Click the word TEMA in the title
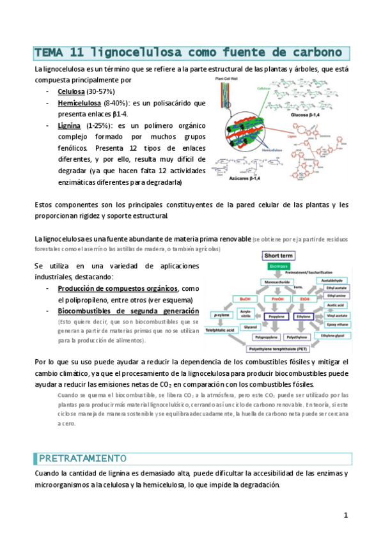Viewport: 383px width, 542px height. tap(46, 52)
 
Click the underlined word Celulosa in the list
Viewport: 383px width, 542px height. tap(72, 92)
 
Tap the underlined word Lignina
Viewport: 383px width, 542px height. tap(69, 125)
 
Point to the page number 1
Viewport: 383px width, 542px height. tap(346, 515)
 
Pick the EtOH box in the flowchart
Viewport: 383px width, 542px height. tap(304, 298)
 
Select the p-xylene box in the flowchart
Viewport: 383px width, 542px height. tap(221, 316)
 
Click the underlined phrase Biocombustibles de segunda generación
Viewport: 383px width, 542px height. tap(128, 311)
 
